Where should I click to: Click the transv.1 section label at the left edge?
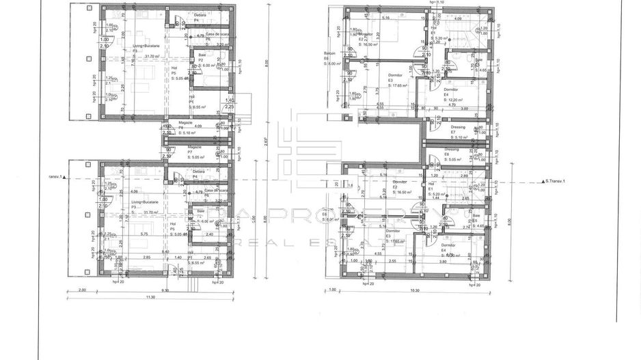point(51,176)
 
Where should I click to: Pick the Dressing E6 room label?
point(452,152)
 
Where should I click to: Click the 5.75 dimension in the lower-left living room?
point(145,234)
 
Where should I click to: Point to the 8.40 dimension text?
point(165,252)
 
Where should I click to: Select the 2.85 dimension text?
point(146,257)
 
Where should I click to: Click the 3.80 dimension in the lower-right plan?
point(443,261)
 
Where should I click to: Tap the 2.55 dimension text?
point(392,261)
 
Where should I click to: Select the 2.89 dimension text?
point(464,176)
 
